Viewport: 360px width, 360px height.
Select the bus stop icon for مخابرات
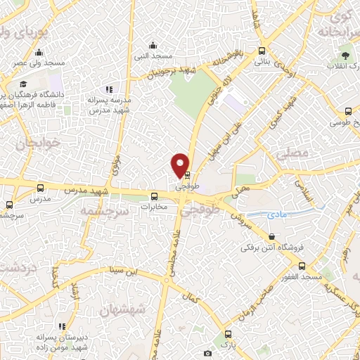point(154,197)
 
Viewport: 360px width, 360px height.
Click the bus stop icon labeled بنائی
point(262,51)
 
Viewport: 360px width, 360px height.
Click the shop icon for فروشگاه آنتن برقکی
point(272,236)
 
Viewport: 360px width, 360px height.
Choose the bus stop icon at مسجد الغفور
point(302,266)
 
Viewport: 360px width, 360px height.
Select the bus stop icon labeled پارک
point(226,334)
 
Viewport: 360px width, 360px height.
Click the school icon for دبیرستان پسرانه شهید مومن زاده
point(63,326)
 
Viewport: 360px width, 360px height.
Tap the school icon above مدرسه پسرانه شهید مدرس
point(109,89)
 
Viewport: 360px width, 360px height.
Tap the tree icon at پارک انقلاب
point(345,54)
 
